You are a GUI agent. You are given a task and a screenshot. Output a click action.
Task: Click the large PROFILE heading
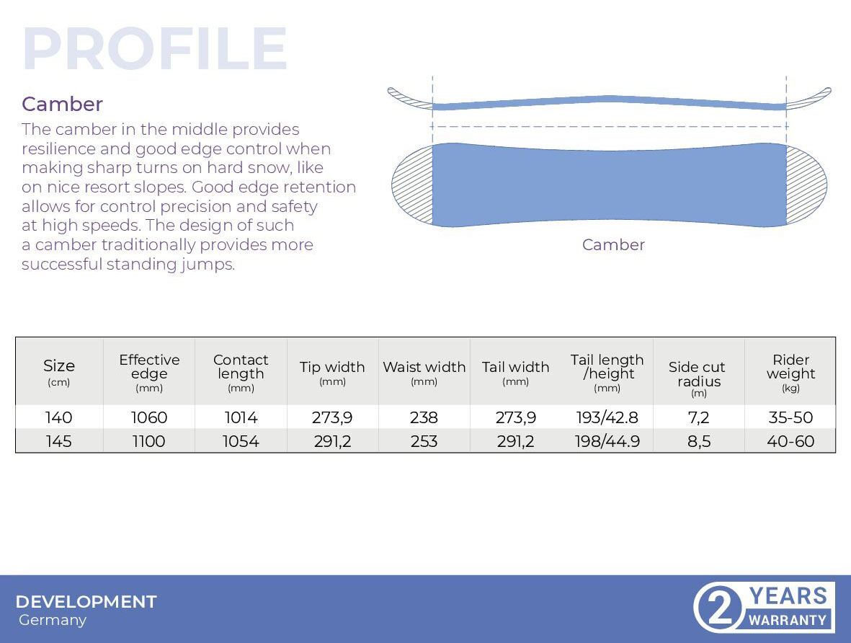pyautogui.click(x=155, y=48)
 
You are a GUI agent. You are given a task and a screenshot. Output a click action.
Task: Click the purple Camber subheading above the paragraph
pyautogui.click(x=63, y=104)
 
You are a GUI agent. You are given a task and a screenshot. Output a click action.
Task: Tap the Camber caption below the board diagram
pyautogui.click(x=613, y=245)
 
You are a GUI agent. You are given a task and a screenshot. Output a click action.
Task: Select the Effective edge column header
pyautogui.click(x=149, y=372)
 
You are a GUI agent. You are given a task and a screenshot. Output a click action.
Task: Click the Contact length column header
pyautogui.click(x=241, y=372)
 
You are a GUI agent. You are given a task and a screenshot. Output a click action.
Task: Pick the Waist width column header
pyautogui.click(x=424, y=373)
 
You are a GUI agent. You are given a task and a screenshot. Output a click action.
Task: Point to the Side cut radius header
pyautogui.click(x=698, y=378)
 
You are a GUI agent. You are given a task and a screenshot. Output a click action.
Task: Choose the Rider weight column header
pyautogui.click(x=790, y=372)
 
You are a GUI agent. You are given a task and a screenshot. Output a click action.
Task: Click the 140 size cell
pyautogui.click(x=58, y=417)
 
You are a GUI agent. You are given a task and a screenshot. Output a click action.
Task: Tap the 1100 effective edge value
pyautogui.click(x=148, y=441)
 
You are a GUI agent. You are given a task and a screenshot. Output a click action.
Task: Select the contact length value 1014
pyautogui.click(x=241, y=417)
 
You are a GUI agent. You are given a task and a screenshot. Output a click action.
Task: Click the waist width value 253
pyautogui.click(x=424, y=441)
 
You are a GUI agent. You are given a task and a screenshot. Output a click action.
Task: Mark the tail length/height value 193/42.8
pyautogui.click(x=607, y=417)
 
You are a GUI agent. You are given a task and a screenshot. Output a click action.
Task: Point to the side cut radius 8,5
pyautogui.click(x=699, y=441)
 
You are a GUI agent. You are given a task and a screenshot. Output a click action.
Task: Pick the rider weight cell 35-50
pyautogui.click(x=790, y=417)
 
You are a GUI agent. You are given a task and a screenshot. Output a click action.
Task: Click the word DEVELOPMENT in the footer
pyautogui.click(x=86, y=602)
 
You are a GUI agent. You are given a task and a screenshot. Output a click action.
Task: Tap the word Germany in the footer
pyautogui.click(x=53, y=620)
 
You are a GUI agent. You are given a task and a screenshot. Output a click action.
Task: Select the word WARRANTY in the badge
pyautogui.click(x=788, y=620)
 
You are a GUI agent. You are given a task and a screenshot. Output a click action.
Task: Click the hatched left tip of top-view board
pyautogui.click(x=412, y=185)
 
